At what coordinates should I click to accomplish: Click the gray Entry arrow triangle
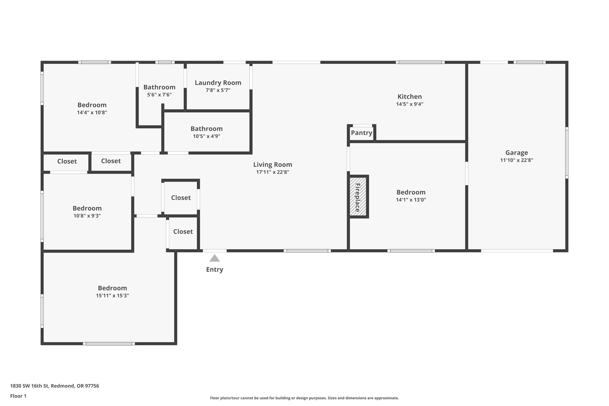click(x=214, y=258)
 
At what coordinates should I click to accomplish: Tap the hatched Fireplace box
click(x=358, y=197)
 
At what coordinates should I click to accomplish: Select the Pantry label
click(x=362, y=133)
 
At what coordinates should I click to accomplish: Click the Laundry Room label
click(x=218, y=83)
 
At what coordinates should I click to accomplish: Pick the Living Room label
click(x=273, y=165)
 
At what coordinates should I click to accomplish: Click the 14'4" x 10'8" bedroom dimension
click(x=92, y=113)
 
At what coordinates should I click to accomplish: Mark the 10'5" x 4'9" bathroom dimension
click(x=206, y=136)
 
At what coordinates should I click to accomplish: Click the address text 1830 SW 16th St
click(x=29, y=386)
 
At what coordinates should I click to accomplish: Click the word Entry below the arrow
click(x=214, y=270)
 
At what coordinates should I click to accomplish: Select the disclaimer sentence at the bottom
click(x=304, y=398)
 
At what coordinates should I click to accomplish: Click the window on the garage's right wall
click(x=567, y=153)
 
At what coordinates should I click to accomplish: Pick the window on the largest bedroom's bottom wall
click(x=109, y=344)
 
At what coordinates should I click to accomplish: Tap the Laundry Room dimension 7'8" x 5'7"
click(x=218, y=90)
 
